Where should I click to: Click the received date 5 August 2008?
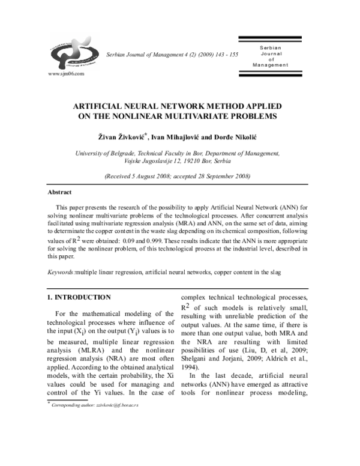[150, 177]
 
